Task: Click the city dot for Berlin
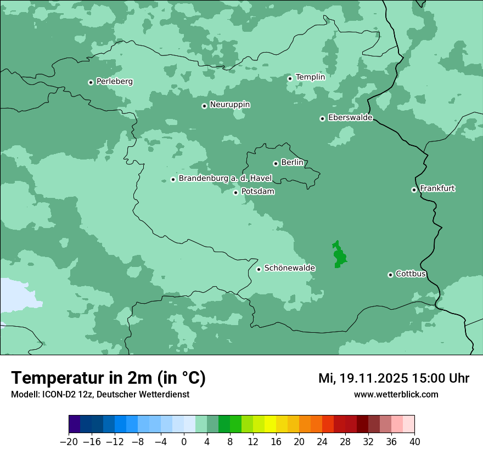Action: pyautogui.click(x=276, y=163)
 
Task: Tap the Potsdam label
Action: pyautogui.click(x=257, y=192)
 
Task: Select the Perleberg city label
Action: pyautogui.click(x=114, y=82)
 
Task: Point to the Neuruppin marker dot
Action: pyautogui.click(x=204, y=106)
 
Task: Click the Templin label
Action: pyautogui.click(x=310, y=77)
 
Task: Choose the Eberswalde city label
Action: pyautogui.click(x=350, y=118)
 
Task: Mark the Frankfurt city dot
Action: pyautogui.click(x=414, y=190)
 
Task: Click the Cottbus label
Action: pyautogui.click(x=411, y=274)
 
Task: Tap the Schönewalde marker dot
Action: pyautogui.click(x=259, y=269)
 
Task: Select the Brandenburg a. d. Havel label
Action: pyautogui.click(x=225, y=178)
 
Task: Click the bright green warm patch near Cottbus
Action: pyautogui.click(x=339, y=255)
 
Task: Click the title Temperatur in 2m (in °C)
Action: pyautogui.click(x=108, y=378)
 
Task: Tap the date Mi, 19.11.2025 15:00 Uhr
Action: pyautogui.click(x=394, y=378)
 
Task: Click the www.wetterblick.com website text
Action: pyautogui.click(x=396, y=395)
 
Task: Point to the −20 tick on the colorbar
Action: pyautogui.click(x=69, y=442)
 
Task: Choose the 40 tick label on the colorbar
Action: pyautogui.click(x=414, y=442)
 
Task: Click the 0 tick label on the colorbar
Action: pyautogui.click(x=184, y=442)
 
